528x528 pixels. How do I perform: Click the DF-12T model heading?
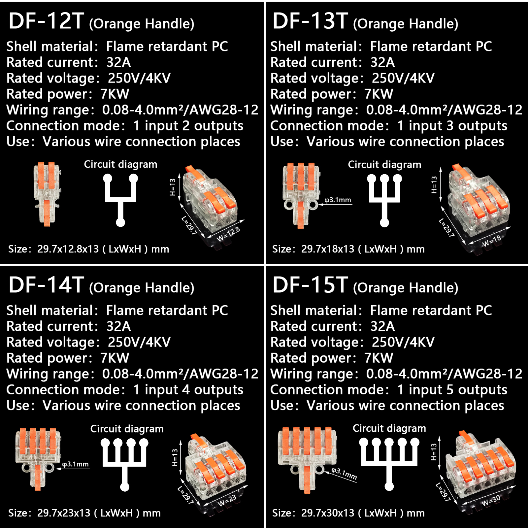tap(47, 21)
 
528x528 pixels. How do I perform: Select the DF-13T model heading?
tap(311, 21)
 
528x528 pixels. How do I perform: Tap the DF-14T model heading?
tap(47, 285)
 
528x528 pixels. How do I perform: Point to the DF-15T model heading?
tap(311, 285)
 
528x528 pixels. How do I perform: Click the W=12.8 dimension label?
tap(228, 234)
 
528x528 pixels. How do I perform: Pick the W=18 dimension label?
tap(491, 241)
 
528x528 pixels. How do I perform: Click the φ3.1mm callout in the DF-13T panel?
tap(338, 200)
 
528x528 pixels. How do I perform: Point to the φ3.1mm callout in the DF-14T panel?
tap(76, 464)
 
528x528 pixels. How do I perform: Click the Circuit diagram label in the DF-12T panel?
tap(120, 164)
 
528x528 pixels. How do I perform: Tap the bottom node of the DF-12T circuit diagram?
tap(120, 222)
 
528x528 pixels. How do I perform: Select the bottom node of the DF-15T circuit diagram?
tap(389, 486)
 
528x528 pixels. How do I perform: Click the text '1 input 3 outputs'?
tap(452, 126)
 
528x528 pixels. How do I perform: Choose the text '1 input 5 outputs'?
tap(452, 390)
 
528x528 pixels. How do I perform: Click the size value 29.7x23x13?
tap(64, 513)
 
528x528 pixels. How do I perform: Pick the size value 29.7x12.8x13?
tap(68, 249)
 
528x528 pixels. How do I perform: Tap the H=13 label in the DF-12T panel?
tap(173, 187)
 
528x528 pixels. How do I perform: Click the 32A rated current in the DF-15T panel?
tap(382, 326)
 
